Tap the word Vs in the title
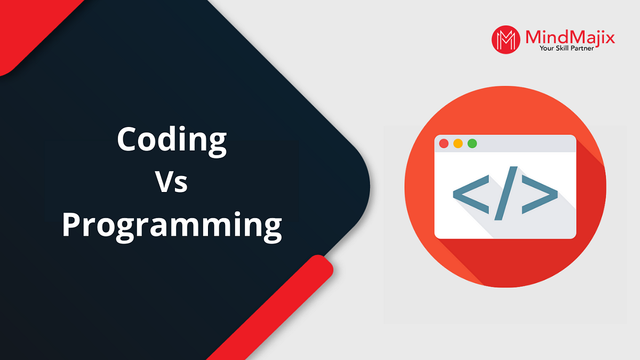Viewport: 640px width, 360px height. click(x=171, y=183)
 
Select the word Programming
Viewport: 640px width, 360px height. click(x=171, y=225)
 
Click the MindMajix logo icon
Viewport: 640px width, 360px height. click(x=505, y=40)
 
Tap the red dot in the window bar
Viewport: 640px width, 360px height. click(x=443, y=143)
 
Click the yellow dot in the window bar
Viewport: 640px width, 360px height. click(x=458, y=143)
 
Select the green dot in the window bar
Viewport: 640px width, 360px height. click(x=472, y=143)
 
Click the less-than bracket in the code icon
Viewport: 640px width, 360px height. click(x=470, y=193)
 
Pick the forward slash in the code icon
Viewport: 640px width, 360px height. click(x=505, y=193)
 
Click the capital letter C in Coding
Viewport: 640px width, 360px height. click(x=128, y=140)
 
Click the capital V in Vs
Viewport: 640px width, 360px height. click(x=164, y=182)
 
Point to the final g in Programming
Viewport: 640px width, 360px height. click(x=271, y=228)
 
